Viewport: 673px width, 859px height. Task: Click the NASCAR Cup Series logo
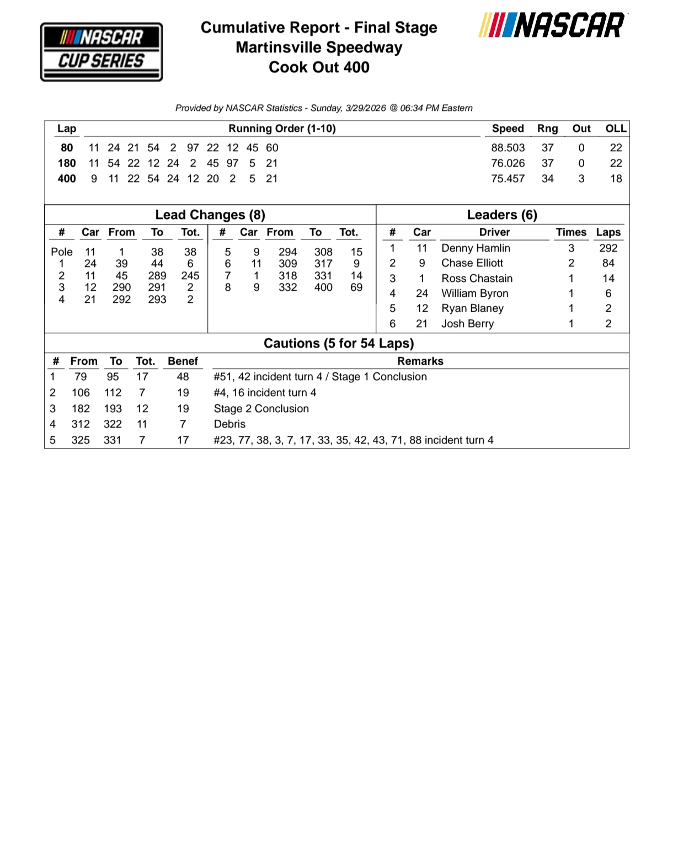(102, 52)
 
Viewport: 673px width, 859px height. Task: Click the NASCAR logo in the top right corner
(552, 25)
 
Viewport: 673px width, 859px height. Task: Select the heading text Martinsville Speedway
(319, 47)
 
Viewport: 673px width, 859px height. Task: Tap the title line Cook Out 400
(319, 67)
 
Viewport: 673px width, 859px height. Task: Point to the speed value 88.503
(508, 148)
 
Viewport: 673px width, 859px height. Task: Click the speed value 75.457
(508, 179)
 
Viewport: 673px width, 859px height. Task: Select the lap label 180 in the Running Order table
(67, 163)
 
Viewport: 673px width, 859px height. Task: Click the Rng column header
(547, 129)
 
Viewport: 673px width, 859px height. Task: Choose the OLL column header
(616, 129)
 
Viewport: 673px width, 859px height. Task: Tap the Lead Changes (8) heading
(210, 215)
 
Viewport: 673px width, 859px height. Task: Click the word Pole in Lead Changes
(62, 252)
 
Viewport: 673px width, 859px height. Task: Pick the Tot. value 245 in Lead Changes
(190, 275)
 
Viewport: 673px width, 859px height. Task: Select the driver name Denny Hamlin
(476, 248)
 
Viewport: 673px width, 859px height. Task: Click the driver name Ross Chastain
(477, 279)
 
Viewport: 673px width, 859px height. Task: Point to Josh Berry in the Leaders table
(467, 324)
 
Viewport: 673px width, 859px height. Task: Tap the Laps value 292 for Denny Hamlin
(608, 248)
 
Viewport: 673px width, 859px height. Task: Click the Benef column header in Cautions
(183, 361)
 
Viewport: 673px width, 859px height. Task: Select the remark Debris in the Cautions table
(229, 424)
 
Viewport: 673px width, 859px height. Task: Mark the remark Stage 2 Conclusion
(261, 409)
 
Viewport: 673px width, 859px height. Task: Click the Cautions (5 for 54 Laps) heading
(339, 343)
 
